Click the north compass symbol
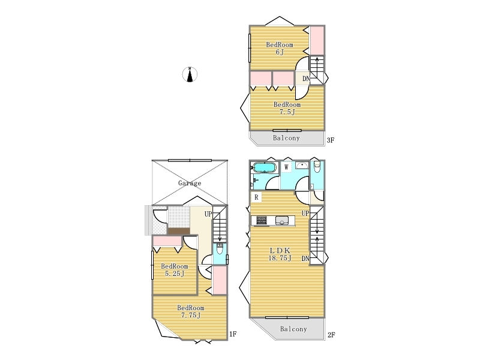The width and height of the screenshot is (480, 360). coord(190,74)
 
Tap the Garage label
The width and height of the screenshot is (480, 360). coord(190,183)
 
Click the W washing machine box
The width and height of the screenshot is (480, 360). coord(286,167)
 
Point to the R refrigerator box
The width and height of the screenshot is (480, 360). coord(256,197)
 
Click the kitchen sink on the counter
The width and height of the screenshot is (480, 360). coord(282,220)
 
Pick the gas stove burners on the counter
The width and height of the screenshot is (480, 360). coord(262,220)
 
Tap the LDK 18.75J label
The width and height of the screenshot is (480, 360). coord(280,254)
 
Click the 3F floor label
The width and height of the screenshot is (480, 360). coord(331,140)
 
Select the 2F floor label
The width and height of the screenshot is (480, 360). coord(331,335)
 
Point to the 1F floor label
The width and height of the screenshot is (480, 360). coord(233,334)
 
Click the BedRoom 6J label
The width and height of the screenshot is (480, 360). coord(280,48)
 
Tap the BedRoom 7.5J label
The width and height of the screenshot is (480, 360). coord(287,108)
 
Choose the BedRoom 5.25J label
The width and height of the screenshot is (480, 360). coord(175,270)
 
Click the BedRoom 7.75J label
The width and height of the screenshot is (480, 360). coord(190,311)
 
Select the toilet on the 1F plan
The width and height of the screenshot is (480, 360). coord(220,249)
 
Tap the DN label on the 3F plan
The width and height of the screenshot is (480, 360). coord(306,79)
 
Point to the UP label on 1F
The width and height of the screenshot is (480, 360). coord(208,214)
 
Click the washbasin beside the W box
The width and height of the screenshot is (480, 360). coord(302,166)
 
